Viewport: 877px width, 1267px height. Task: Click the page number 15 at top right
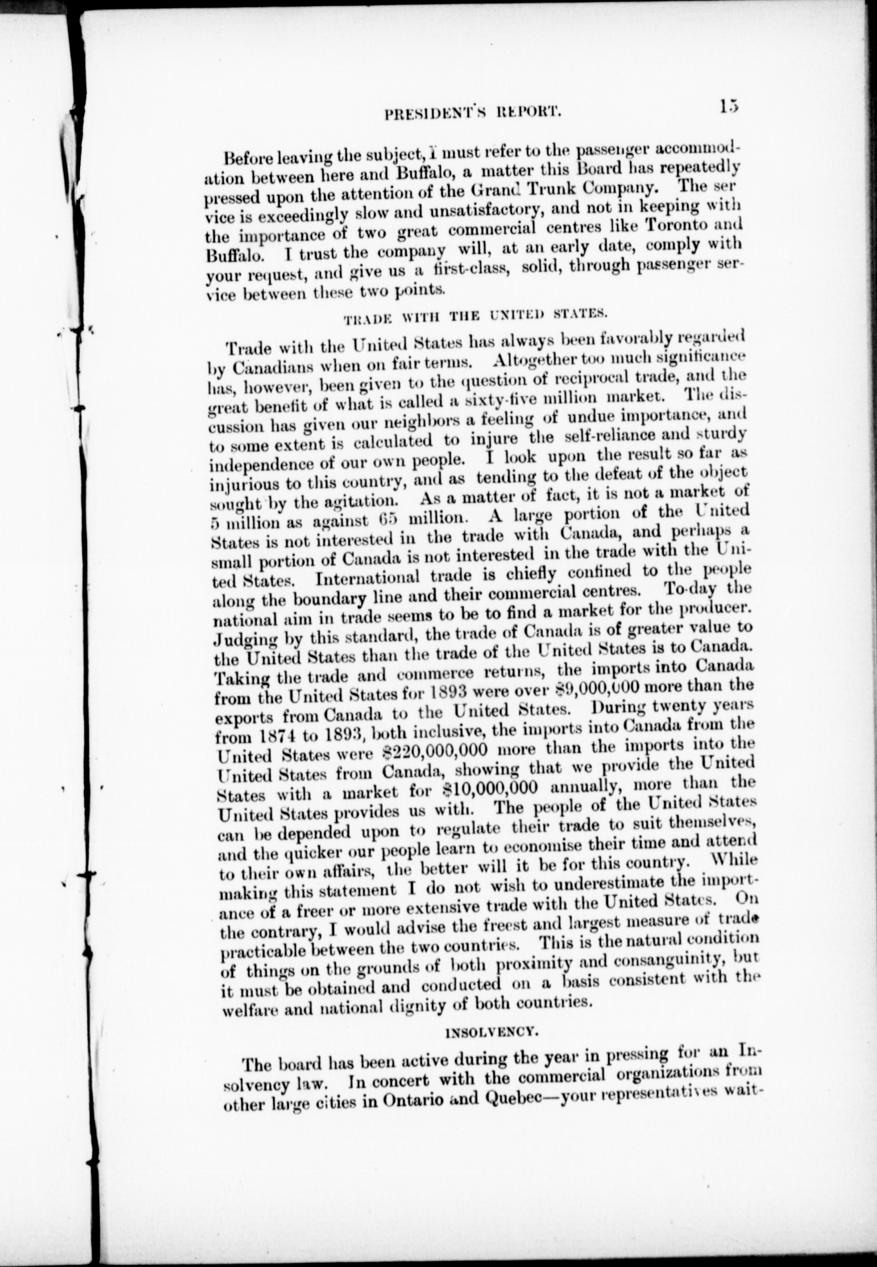(x=729, y=106)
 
